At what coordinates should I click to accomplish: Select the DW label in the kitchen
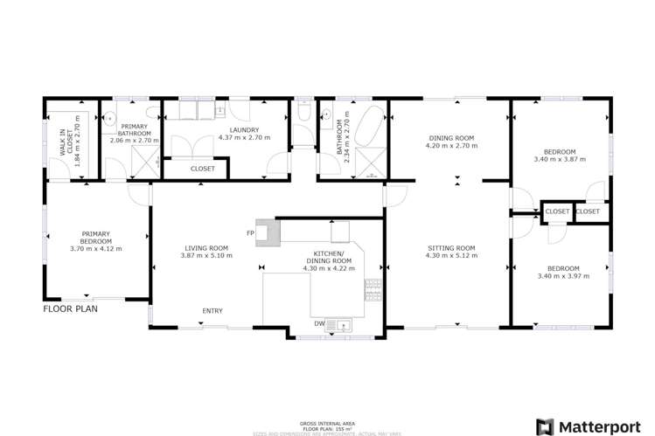pyautogui.click(x=320, y=323)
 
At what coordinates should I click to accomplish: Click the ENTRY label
pyautogui.click(x=212, y=311)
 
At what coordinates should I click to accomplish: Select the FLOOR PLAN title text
pyautogui.click(x=70, y=308)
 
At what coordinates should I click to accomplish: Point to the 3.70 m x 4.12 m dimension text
pyautogui.click(x=95, y=248)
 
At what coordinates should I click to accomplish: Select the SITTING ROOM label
pyautogui.click(x=446, y=247)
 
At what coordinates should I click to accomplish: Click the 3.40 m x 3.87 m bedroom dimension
pyautogui.click(x=560, y=160)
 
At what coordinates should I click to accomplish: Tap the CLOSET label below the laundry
pyautogui.click(x=202, y=169)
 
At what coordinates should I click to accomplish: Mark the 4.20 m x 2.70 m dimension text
pyautogui.click(x=451, y=146)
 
